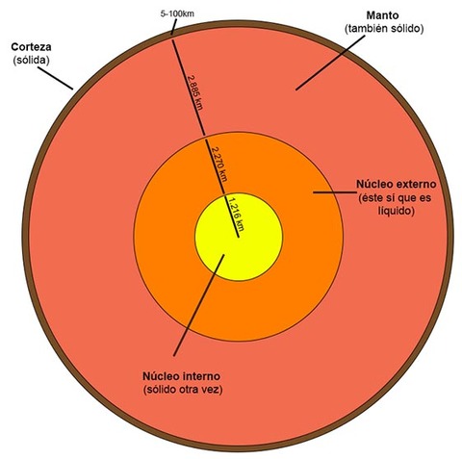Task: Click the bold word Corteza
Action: coord(31,47)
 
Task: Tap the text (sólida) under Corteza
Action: coord(31,61)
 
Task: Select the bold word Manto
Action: coord(383,15)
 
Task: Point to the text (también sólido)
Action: coord(384,29)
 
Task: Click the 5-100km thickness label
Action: coord(177,14)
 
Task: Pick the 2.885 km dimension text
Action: coord(195,92)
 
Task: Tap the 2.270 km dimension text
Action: coord(219,165)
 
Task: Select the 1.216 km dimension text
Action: coord(236,214)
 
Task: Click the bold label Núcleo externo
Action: coord(397,185)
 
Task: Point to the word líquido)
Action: coord(396,212)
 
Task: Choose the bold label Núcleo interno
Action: coord(181,376)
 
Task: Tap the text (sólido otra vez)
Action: coord(183,390)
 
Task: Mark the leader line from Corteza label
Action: coord(55,78)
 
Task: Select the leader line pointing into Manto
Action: coord(330,63)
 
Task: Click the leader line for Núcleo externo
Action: coord(335,192)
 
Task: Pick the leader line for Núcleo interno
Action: coord(199,305)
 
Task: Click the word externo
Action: coord(416,185)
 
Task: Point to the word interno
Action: coord(201,376)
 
